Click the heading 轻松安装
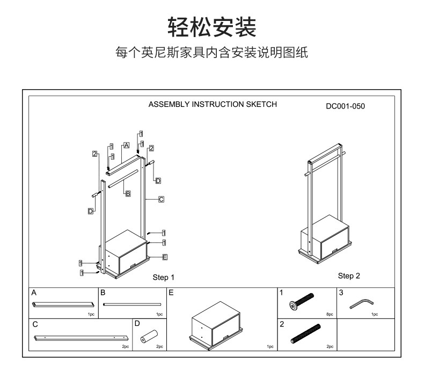pos(212,27)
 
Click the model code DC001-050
pos(345,106)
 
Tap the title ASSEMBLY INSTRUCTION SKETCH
pos(213,104)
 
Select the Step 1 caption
pos(164,278)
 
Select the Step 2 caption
pos(349,276)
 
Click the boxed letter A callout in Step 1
pos(127,145)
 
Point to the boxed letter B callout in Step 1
pos(128,193)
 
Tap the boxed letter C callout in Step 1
pos(161,199)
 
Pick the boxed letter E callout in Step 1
pos(165,257)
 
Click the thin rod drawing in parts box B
pos(132,304)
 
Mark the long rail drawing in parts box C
pos(81,338)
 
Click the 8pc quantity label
pos(330,314)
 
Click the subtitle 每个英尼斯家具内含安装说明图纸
pos(212,53)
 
